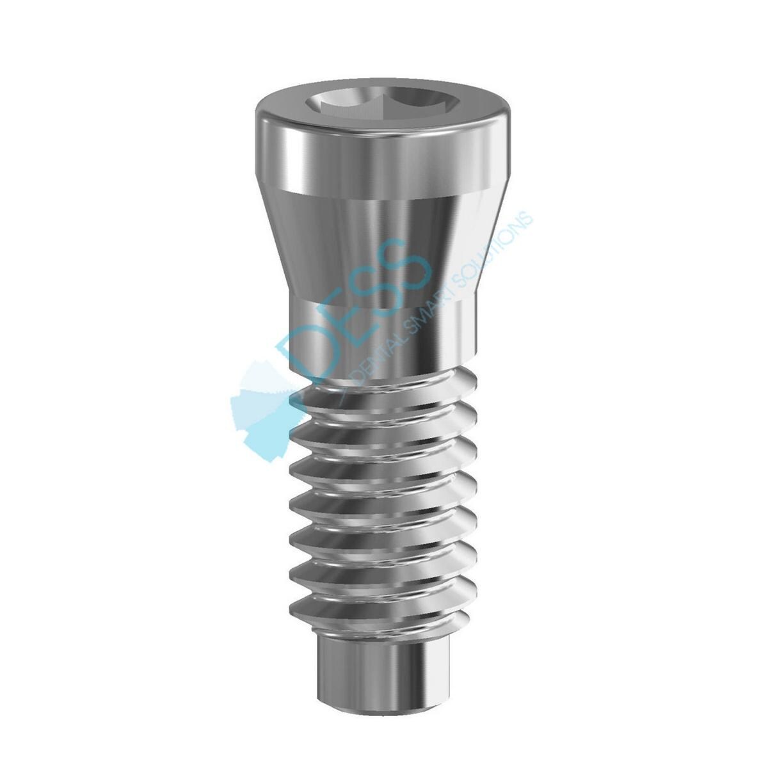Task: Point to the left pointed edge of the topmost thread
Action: [294, 397]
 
